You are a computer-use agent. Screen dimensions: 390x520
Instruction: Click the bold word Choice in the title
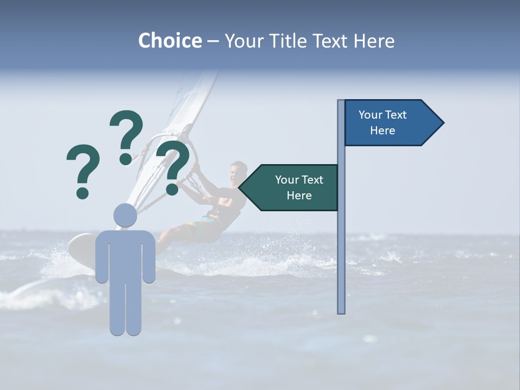tap(170, 41)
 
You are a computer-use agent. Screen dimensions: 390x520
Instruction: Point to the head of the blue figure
tap(125, 216)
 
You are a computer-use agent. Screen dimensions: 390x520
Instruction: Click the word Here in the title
tap(374, 41)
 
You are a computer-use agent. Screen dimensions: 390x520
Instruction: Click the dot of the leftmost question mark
tap(82, 192)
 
